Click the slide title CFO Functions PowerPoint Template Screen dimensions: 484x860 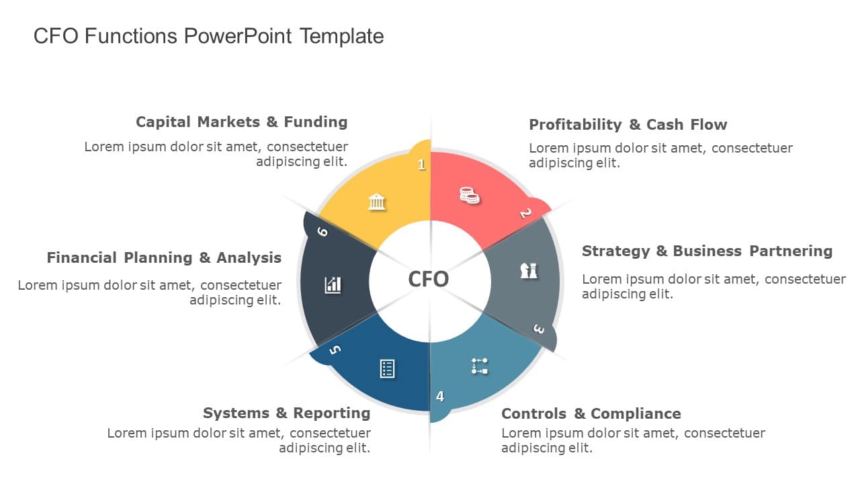(208, 36)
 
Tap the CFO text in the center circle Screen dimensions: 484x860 (429, 279)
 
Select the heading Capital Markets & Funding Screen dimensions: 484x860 (242, 122)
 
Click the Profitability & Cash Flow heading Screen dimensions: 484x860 (628, 125)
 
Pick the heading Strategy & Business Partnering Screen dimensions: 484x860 (707, 251)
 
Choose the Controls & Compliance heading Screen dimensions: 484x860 (591, 414)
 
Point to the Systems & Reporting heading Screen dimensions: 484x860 (287, 413)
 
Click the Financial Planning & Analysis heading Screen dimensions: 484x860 (165, 258)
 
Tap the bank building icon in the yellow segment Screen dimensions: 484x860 (377, 201)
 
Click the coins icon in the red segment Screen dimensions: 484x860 (470, 195)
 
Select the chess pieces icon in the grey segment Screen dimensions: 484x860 (529, 270)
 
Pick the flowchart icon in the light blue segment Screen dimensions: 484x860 (479, 366)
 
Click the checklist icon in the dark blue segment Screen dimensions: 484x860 (388, 368)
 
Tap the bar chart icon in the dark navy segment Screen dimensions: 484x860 (333, 285)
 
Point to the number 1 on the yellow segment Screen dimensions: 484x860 (422, 165)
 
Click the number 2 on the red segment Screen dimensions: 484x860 (525, 214)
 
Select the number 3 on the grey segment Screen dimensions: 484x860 (539, 329)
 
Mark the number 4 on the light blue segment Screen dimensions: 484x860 (440, 397)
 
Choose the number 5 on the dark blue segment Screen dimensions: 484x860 (335, 350)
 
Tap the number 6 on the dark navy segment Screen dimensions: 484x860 (322, 232)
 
